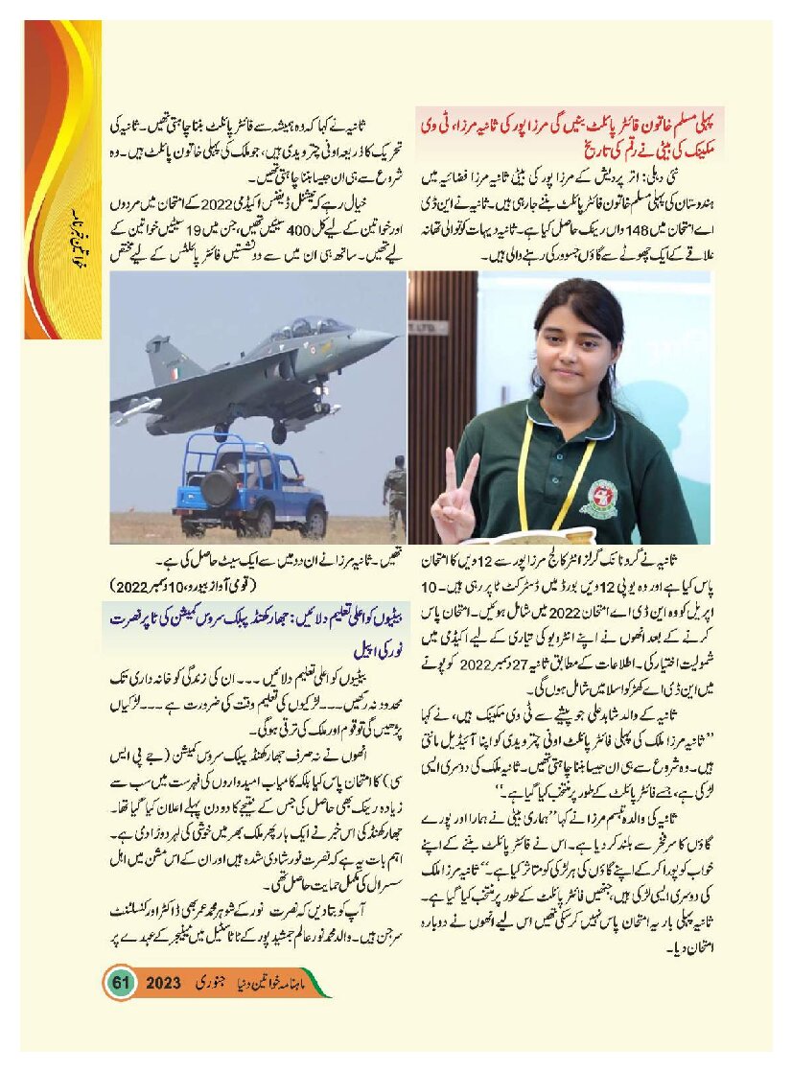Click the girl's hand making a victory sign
tap(454, 499)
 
